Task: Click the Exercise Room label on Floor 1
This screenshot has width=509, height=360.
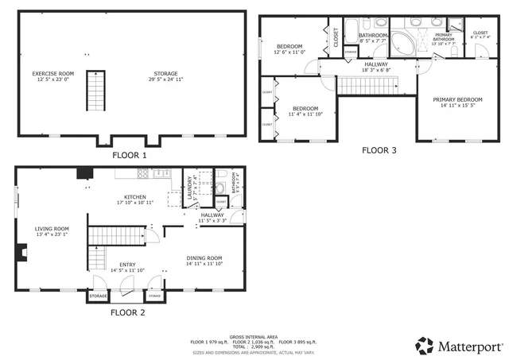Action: (52, 76)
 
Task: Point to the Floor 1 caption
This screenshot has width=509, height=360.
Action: (129, 155)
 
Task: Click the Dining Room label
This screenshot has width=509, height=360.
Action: (204, 261)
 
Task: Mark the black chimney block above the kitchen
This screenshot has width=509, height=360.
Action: (83, 173)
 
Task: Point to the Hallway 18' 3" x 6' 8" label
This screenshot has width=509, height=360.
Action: (376, 68)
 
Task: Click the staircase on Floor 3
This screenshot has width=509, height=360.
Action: (363, 85)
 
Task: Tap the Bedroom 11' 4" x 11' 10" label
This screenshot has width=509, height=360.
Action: (305, 111)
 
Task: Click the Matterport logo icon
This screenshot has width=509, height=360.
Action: (425, 346)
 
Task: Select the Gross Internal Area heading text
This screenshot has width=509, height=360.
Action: (253, 336)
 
